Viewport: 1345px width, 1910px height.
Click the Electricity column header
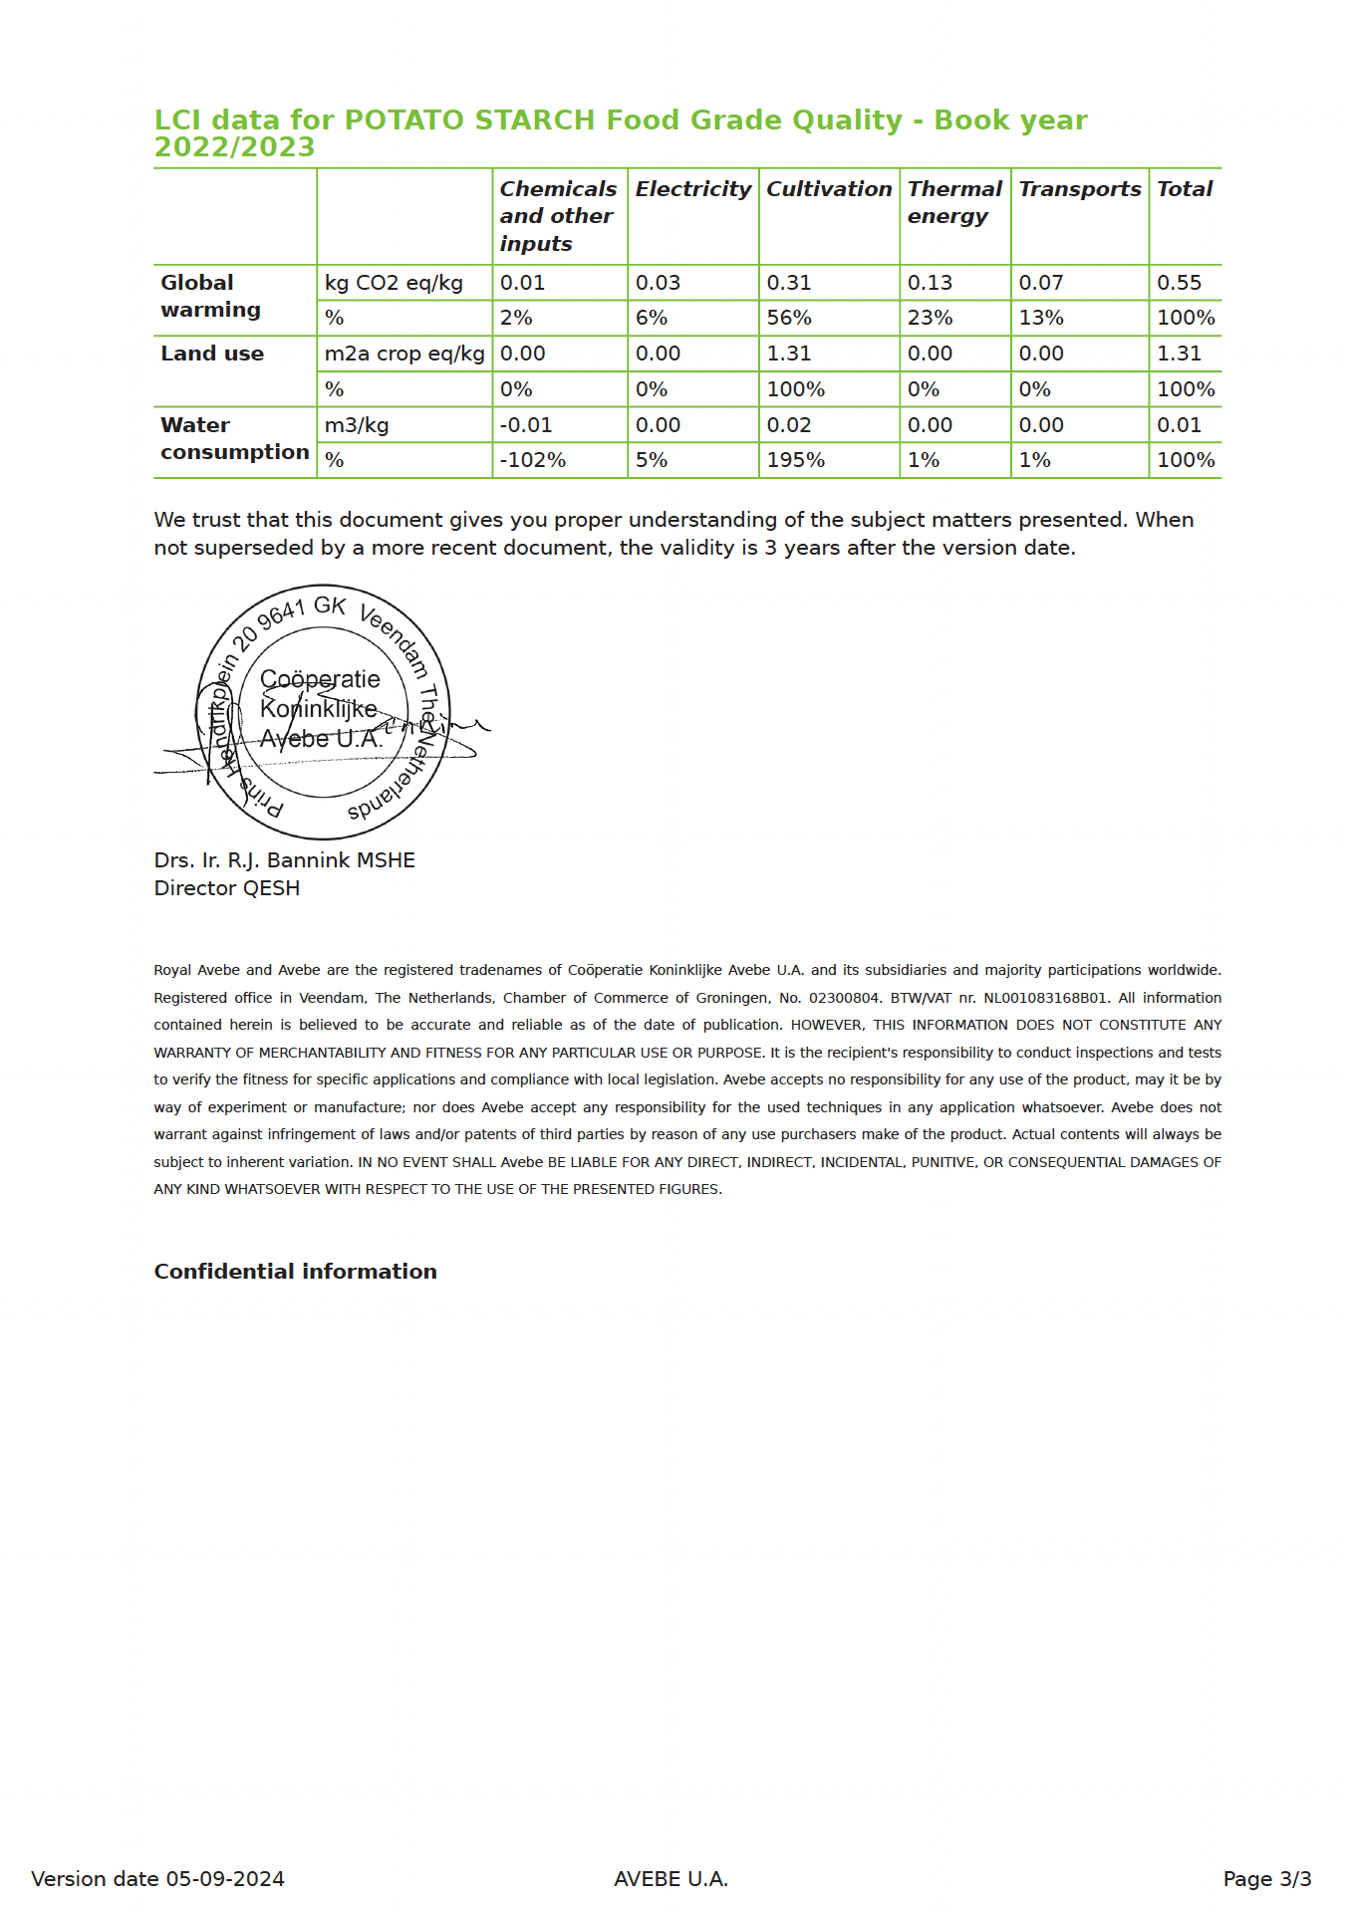(x=692, y=189)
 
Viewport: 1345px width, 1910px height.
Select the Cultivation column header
(x=829, y=189)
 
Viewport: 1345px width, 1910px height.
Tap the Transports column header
(x=1079, y=189)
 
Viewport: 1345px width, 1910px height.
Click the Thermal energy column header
(x=953, y=202)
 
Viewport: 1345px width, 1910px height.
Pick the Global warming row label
(x=210, y=297)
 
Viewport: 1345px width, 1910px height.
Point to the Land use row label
(x=212, y=354)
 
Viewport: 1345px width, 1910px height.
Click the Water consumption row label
(x=234, y=439)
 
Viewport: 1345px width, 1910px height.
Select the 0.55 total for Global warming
(x=1179, y=283)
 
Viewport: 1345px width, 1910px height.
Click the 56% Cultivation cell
(x=788, y=318)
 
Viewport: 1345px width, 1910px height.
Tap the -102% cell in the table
(x=532, y=460)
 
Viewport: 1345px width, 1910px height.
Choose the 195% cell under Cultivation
(x=795, y=460)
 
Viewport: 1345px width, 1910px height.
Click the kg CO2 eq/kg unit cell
(x=394, y=283)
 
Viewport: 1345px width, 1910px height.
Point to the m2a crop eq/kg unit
(x=403, y=354)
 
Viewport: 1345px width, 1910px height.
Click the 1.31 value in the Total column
(x=1179, y=354)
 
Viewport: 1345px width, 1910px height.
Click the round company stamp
(x=323, y=712)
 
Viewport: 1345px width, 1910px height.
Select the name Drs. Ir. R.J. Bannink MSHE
(x=284, y=860)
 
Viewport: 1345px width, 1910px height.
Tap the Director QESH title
(x=226, y=888)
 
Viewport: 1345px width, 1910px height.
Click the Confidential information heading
(x=295, y=1272)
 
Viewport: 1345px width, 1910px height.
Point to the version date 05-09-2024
(x=157, y=1879)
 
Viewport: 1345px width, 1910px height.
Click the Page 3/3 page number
(x=1266, y=1879)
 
